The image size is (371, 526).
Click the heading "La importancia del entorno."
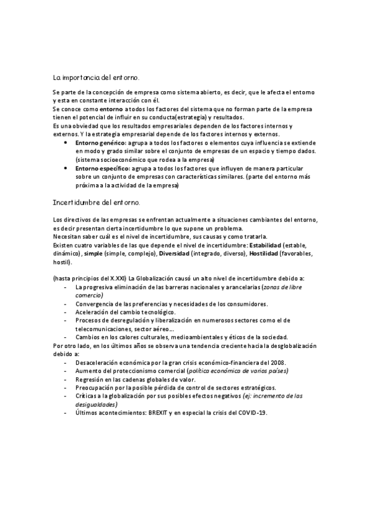coord(96,78)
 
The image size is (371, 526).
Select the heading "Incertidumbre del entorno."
coord(97,202)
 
